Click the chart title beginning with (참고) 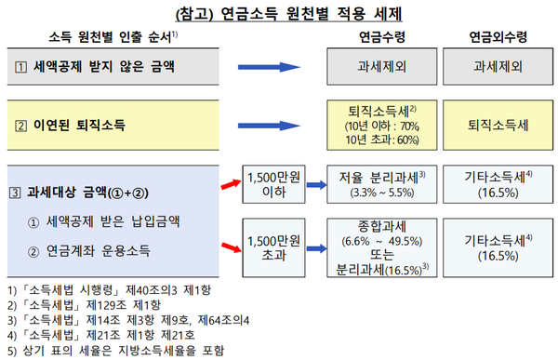click(279, 14)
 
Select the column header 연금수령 click(380, 37)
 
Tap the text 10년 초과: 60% click(380, 140)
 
